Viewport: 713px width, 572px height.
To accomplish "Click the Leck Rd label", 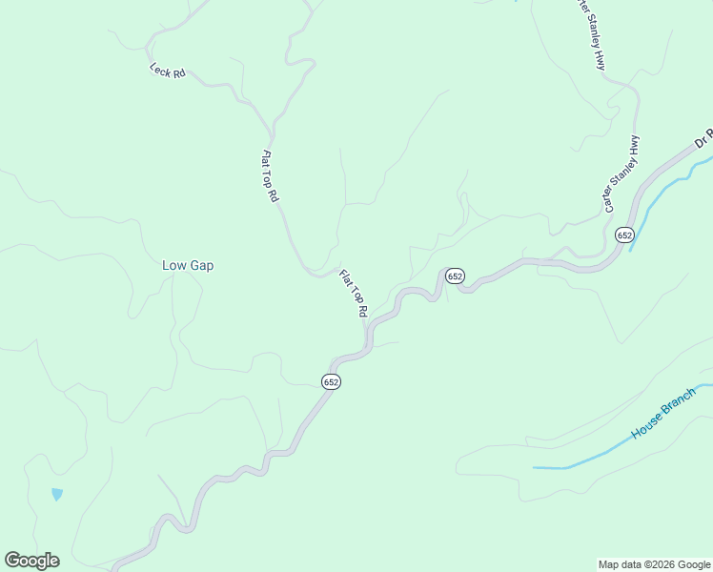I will pos(167,71).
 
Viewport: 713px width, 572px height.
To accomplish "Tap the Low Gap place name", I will pos(188,265).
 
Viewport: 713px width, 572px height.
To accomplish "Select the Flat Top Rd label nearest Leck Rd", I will pos(270,175).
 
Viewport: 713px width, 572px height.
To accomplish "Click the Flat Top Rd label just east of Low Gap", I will pos(354,293).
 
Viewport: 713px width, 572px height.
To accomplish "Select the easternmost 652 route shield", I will pos(624,235).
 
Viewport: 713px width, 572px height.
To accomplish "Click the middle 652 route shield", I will pos(455,276).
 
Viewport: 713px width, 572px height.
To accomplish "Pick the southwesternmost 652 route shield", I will pos(331,381).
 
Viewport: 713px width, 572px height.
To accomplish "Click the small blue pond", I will pos(57,495).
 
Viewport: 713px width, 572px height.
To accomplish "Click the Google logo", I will pos(31,561).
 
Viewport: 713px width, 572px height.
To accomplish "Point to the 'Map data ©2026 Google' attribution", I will pos(654,564).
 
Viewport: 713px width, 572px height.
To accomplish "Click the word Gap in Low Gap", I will pos(201,265).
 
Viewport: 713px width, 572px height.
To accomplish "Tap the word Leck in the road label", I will pos(159,69).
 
